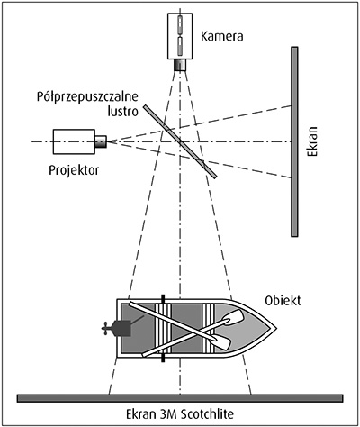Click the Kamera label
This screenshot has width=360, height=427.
tap(222, 36)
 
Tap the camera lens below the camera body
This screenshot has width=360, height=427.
tap(180, 65)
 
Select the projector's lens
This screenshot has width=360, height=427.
tap(101, 141)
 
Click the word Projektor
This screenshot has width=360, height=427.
tap(74, 170)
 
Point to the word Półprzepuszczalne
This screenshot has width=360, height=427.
tap(87, 97)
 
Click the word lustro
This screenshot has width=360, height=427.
tap(123, 111)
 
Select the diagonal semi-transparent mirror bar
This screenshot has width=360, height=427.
tap(180, 141)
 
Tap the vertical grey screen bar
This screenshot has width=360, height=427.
tap(294, 141)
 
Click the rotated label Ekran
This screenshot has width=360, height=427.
tap(312, 141)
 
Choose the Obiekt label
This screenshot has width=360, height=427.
tap(283, 300)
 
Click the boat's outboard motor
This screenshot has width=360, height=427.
tap(121, 328)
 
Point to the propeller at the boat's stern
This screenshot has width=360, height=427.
tap(105, 328)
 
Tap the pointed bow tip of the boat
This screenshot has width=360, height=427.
tap(276, 328)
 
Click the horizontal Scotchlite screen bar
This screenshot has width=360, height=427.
tap(180, 398)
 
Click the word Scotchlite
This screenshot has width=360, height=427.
tap(205, 414)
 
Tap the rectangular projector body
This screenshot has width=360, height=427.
tap(74, 141)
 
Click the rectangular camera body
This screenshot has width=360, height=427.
tap(180, 36)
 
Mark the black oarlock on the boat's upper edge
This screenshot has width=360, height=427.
tap(163, 299)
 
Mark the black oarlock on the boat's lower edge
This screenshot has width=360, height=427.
tap(163, 358)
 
